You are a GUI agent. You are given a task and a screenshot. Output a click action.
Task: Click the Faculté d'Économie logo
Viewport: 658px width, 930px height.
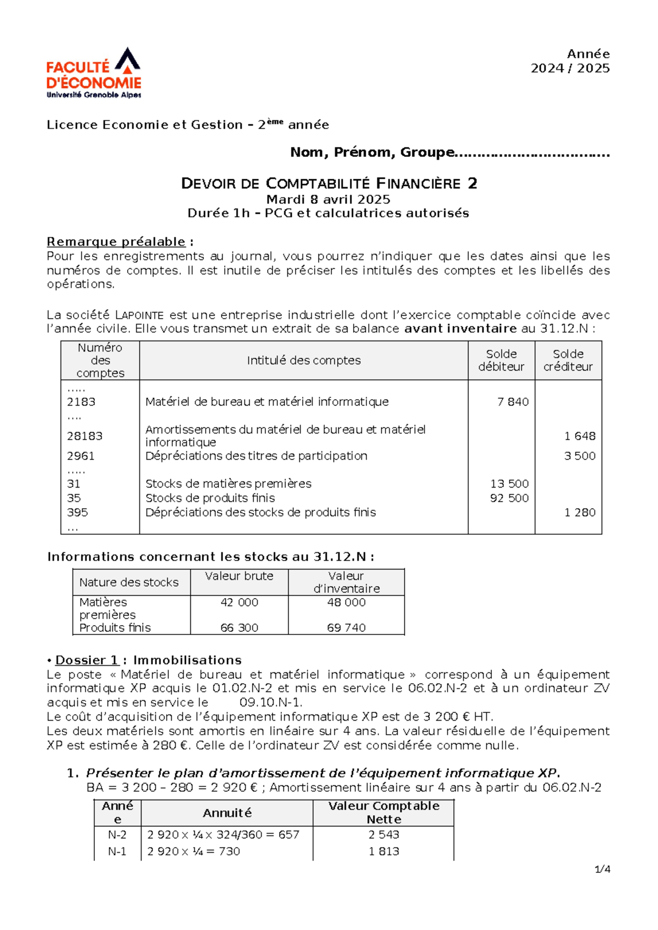tap(94, 73)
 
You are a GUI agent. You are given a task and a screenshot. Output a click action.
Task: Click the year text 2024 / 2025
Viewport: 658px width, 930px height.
tap(570, 69)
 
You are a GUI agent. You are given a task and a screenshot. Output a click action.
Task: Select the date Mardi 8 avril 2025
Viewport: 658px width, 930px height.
tap(328, 199)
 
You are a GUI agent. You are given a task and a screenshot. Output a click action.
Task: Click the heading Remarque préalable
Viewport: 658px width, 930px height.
tap(116, 242)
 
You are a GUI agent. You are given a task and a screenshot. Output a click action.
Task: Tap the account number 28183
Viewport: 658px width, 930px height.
tap(84, 436)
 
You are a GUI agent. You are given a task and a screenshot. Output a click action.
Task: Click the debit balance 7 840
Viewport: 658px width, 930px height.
tap(513, 402)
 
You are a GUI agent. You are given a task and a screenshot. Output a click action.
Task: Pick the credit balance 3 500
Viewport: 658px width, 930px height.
tap(580, 456)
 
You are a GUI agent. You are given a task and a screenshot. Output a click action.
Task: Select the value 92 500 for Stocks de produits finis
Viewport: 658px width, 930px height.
tap(509, 498)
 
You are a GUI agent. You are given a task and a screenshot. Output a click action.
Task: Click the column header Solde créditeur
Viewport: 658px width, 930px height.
tap(568, 360)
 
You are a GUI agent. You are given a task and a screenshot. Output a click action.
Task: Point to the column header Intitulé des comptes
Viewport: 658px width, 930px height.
tap(303, 360)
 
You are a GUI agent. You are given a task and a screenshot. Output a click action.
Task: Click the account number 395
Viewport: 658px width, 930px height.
tap(77, 512)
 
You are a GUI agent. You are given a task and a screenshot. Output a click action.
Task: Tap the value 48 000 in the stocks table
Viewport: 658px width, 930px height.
tap(346, 602)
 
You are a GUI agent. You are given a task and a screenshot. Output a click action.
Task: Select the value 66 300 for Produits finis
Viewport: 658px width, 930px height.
tap(239, 627)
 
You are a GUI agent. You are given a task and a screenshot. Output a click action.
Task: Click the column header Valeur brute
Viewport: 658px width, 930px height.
tap(239, 576)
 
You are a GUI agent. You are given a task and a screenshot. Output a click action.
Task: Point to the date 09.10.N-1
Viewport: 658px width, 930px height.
tap(271, 702)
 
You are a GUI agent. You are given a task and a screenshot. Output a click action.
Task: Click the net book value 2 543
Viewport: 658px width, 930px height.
tap(384, 835)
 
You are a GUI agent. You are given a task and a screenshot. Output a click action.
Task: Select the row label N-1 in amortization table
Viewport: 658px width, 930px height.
tap(117, 852)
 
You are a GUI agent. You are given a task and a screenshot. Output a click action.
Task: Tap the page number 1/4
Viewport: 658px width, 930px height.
tap(602, 869)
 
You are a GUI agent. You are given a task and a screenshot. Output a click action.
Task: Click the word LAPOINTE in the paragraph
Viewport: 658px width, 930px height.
tap(139, 315)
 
